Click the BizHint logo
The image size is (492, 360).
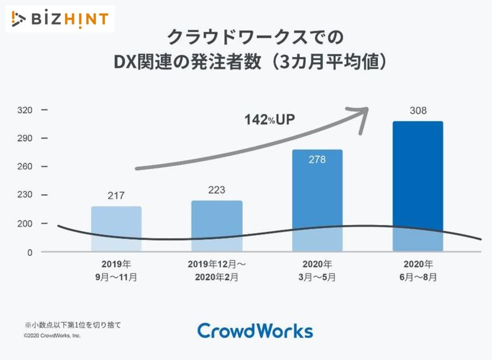point(60,19)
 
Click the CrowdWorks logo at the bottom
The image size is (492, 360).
point(255,331)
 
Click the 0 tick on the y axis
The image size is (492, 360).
point(30,252)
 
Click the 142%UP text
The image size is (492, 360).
point(270,119)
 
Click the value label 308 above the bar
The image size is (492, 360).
point(418,111)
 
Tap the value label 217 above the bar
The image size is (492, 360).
point(116,195)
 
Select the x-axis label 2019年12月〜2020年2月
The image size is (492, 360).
point(216,270)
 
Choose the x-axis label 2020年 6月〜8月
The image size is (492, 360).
point(418,270)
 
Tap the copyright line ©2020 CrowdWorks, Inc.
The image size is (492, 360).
point(52,335)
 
